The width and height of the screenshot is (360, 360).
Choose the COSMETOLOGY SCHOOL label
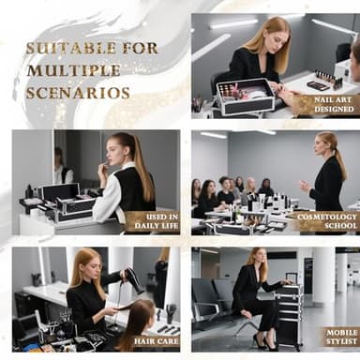point(334,221)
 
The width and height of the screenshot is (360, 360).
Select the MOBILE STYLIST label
point(339,337)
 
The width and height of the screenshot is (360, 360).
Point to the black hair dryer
point(132,278)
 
